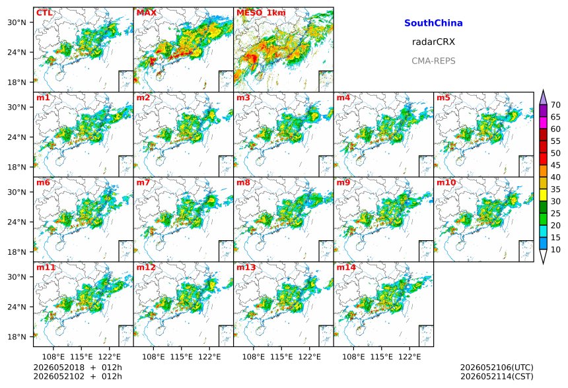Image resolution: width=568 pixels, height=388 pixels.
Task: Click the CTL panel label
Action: click(x=44, y=13)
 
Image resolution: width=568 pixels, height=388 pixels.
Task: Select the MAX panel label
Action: click(x=147, y=13)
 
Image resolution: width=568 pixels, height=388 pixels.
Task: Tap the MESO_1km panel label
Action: click(x=261, y=13)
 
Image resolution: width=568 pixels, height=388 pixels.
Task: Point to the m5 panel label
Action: click(x=443, y=98)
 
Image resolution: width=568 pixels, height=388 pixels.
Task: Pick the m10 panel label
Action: click(x=446, y=182)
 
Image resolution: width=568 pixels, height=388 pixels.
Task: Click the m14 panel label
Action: click(x=346, y=267)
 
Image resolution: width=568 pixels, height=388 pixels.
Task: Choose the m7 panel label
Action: click(x=143, y=182)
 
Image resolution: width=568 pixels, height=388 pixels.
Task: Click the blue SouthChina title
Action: click(x=433, y=23)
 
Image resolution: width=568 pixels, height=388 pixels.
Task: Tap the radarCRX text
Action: click(x=433, y=42)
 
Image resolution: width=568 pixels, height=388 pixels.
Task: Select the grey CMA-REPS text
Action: click(x=433, y=61)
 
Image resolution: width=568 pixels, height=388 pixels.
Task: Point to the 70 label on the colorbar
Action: click(x=555, y=105)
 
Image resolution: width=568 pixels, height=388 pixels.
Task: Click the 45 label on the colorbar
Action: click(x=555, y=165)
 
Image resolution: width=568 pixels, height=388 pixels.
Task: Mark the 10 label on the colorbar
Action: click(x=555, y=249)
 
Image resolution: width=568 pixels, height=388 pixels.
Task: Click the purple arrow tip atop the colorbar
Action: click(x=543, y=90)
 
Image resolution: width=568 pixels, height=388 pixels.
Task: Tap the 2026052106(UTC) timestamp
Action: click(x=497, y=368)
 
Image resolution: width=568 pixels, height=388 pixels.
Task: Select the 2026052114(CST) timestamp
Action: click(x=497, y=376)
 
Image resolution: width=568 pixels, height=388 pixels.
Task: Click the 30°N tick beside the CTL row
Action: click(x=17, y=22)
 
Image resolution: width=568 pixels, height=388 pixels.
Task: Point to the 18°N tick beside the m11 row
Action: click(x=17, y=337)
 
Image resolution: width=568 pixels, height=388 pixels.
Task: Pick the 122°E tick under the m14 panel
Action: click(x=409, y=357)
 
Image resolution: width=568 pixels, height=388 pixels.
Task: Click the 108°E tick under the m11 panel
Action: click(x=53, y=357)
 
